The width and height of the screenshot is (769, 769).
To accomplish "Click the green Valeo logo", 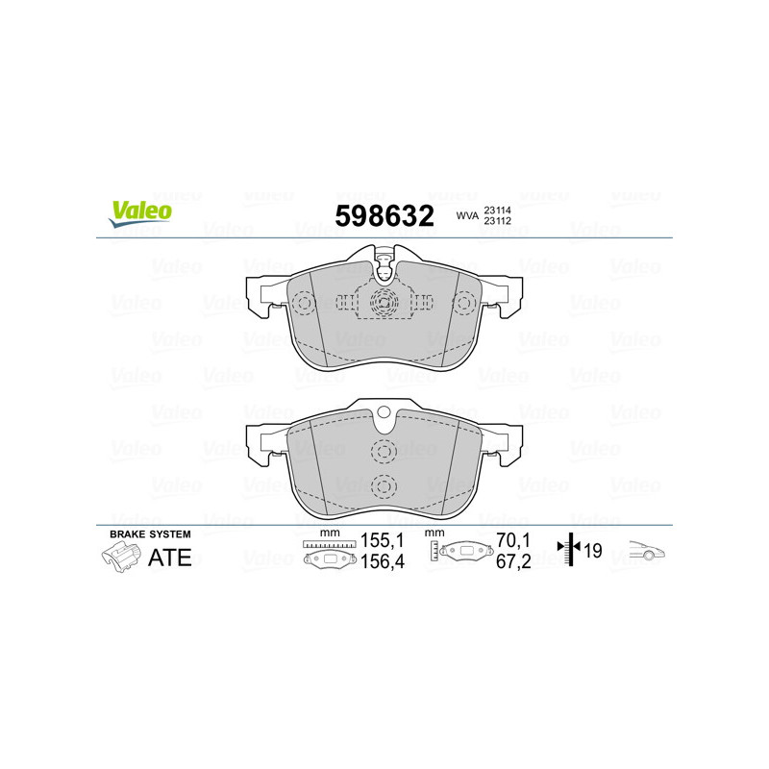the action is (x=140, y=213).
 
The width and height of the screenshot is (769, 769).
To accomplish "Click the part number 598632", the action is (x=384, y=215).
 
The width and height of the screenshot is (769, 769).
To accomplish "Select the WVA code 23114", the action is (x=497, y=211).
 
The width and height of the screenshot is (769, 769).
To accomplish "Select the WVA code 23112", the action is (x=497, y=221).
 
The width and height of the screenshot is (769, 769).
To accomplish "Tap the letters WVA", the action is (x=467, y=215).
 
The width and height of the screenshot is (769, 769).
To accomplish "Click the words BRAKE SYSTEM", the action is (x=150, y=534).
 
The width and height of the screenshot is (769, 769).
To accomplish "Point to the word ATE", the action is (x=170, y=558).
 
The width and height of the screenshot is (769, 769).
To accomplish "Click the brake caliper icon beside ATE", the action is (x=121, y=558).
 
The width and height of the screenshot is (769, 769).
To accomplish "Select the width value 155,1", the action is (x=382, y=540).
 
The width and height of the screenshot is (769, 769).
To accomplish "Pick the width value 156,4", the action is (x=382, y=561).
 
